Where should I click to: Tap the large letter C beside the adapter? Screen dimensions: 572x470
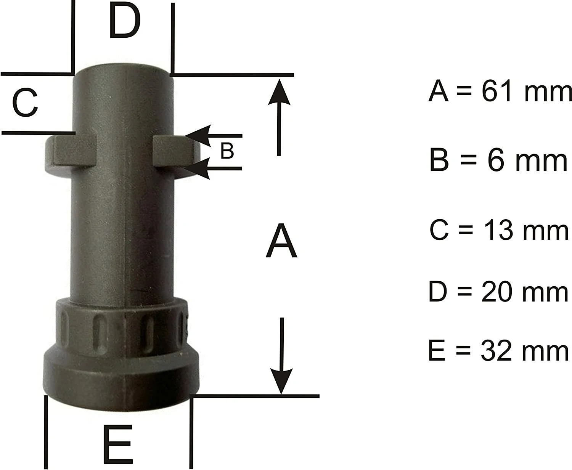tap(25, 103)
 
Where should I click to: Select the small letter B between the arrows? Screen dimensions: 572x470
tap(227, 151)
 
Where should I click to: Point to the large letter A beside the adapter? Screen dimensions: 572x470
tap(281, 240)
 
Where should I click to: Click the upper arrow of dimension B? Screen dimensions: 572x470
tap(213, 136)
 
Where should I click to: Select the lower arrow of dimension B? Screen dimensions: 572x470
tap(213, 168)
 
